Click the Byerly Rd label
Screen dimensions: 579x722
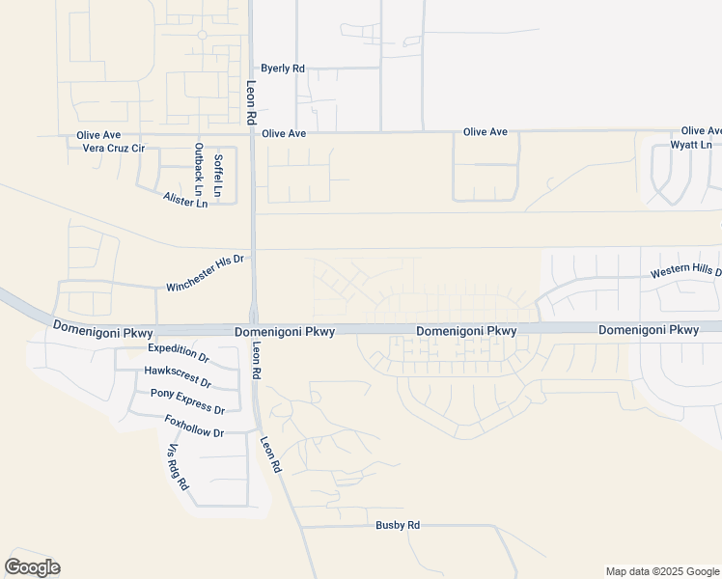coord(283,69)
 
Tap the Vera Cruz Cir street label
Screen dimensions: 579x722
coord(113,149)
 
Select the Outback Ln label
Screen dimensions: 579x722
coord(199,166)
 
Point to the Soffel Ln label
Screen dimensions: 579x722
coord(219,176)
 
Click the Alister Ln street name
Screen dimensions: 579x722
coord(185,199)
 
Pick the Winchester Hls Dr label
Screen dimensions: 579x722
coord(207,273)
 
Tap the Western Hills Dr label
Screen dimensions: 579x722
coord(685,273)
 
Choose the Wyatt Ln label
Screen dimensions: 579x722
coord(691,145)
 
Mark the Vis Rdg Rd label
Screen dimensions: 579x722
coord(179,467)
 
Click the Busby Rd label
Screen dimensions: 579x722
coord(398,525)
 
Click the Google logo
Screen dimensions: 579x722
coord(32,567)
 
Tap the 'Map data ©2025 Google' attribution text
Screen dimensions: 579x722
coord(661,571)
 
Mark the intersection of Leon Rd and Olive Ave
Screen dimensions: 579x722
coord(252,133)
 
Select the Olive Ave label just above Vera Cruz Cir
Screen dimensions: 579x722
coord(98,135)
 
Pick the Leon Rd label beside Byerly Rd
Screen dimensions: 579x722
coord(249,100)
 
